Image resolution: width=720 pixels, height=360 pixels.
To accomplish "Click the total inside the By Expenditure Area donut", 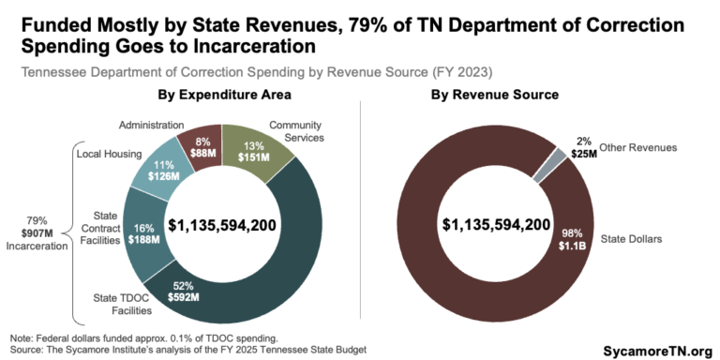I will (x=221, y=225).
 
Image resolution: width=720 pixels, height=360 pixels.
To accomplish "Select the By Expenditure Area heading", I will (x=221, y=96).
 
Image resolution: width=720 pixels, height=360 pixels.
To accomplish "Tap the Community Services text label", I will (x=294, y=131).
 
